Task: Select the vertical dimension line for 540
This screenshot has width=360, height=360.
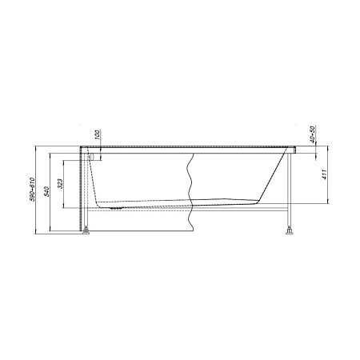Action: (52, 190)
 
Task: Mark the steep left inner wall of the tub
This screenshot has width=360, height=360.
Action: (93, 180)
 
